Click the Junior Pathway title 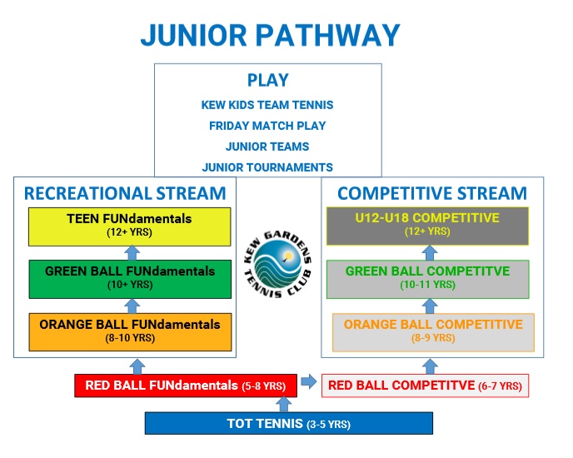[x=271, y=35]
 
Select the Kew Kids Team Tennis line [x=267, y=105]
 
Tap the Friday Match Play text [x=267, y=126]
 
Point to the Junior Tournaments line [x=267, y=167]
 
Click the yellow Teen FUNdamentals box [x=130, y=227]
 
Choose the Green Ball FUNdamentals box [x=130, y=279]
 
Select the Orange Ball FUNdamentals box [x=130, y=332]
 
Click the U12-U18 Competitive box [x=427, y=226]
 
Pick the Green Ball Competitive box [x=428, y=279]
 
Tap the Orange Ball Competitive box [x=433, y=332]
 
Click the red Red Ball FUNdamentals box [x=186, y=386]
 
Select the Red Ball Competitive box [x=425, y=386]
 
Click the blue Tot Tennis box [x=289, y=424]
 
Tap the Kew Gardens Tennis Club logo [x=277, y=264]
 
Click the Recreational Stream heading [x=125, y=193]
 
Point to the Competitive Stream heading [x=432, y=193]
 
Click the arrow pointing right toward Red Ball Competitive [x=309, y=381]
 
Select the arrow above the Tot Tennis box [x=283, y=404]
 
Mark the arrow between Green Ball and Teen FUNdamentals [x=132, y=253]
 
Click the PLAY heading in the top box [x=268, y=80]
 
